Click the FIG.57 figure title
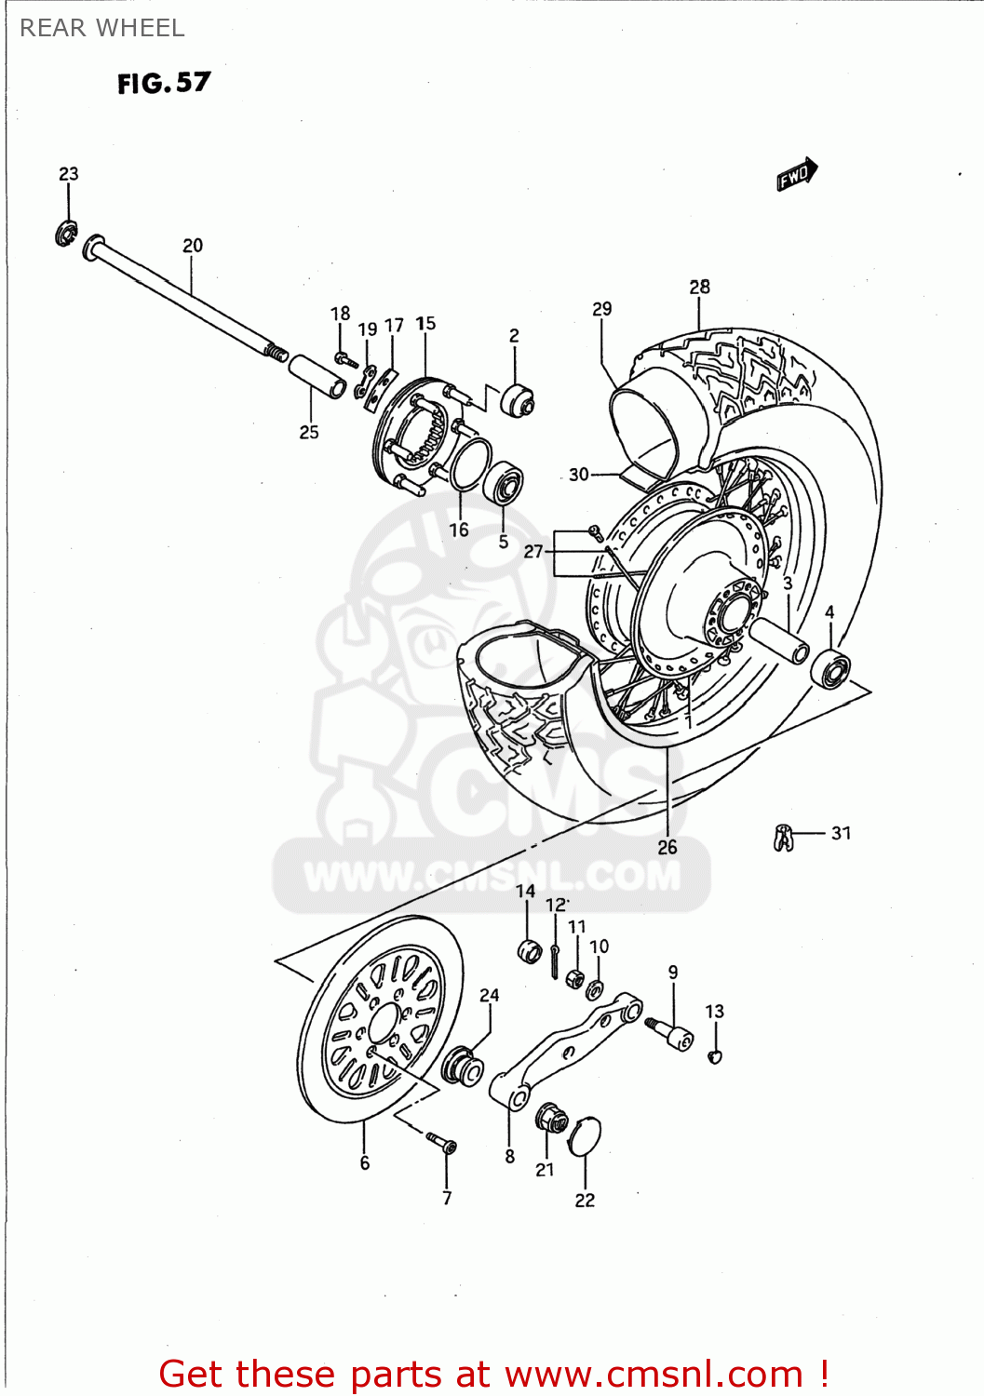[164, 83]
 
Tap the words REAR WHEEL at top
[102, 29]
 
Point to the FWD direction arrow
[797, 174]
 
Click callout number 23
[69, 174]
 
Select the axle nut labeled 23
[66, 234]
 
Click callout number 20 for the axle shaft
[192, 246]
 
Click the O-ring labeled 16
[471, 464]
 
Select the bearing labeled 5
[503, 483]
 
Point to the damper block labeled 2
[517, 400]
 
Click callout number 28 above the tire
[699, 288]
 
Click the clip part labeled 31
[783, 838]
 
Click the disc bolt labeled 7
[441, 1142]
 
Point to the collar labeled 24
[462, 1067]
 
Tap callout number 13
[714, 1012]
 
